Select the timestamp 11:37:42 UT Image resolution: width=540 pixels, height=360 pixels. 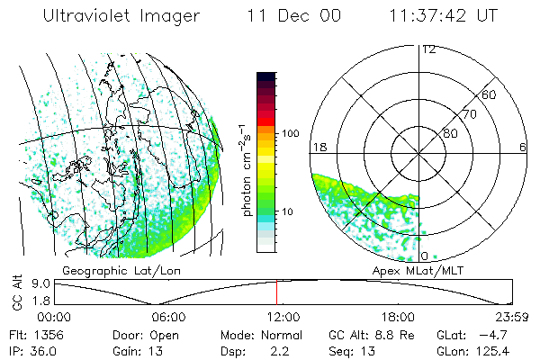445,18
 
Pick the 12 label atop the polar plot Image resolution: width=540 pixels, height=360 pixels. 428,49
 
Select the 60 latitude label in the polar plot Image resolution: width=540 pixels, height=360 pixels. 490,94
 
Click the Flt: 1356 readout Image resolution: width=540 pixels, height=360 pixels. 35,333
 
